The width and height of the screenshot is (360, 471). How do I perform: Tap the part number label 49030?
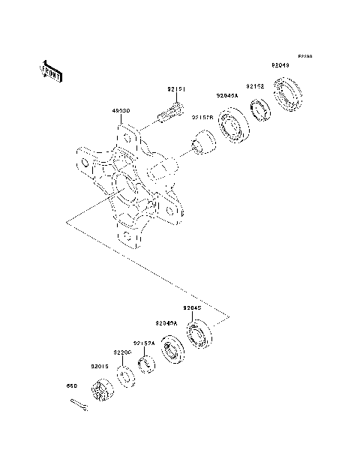click(121, 111)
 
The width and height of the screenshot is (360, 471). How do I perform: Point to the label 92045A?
click(226, 95)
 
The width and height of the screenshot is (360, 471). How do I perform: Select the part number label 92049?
click(281, 65)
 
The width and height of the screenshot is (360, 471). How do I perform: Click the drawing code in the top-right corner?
click(303, 56)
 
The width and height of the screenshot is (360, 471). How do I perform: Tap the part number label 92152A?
click(145, 343)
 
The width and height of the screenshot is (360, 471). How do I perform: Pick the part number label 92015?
click(100, 366)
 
